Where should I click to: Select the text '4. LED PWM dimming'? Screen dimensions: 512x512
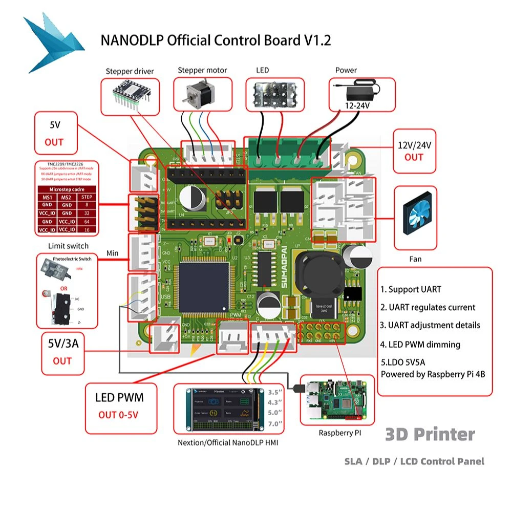[420, 345]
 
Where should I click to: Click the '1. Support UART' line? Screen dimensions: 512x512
[410, 289]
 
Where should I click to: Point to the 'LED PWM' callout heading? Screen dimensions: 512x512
[119, 397]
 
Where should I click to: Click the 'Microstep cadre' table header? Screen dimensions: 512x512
[65, 188]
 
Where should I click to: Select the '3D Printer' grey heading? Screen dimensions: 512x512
[430, 434]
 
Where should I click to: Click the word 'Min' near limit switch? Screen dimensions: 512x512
[113, 253]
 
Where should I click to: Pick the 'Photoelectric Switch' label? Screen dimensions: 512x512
[66, 259]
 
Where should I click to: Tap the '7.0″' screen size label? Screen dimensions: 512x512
[275, 424]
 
